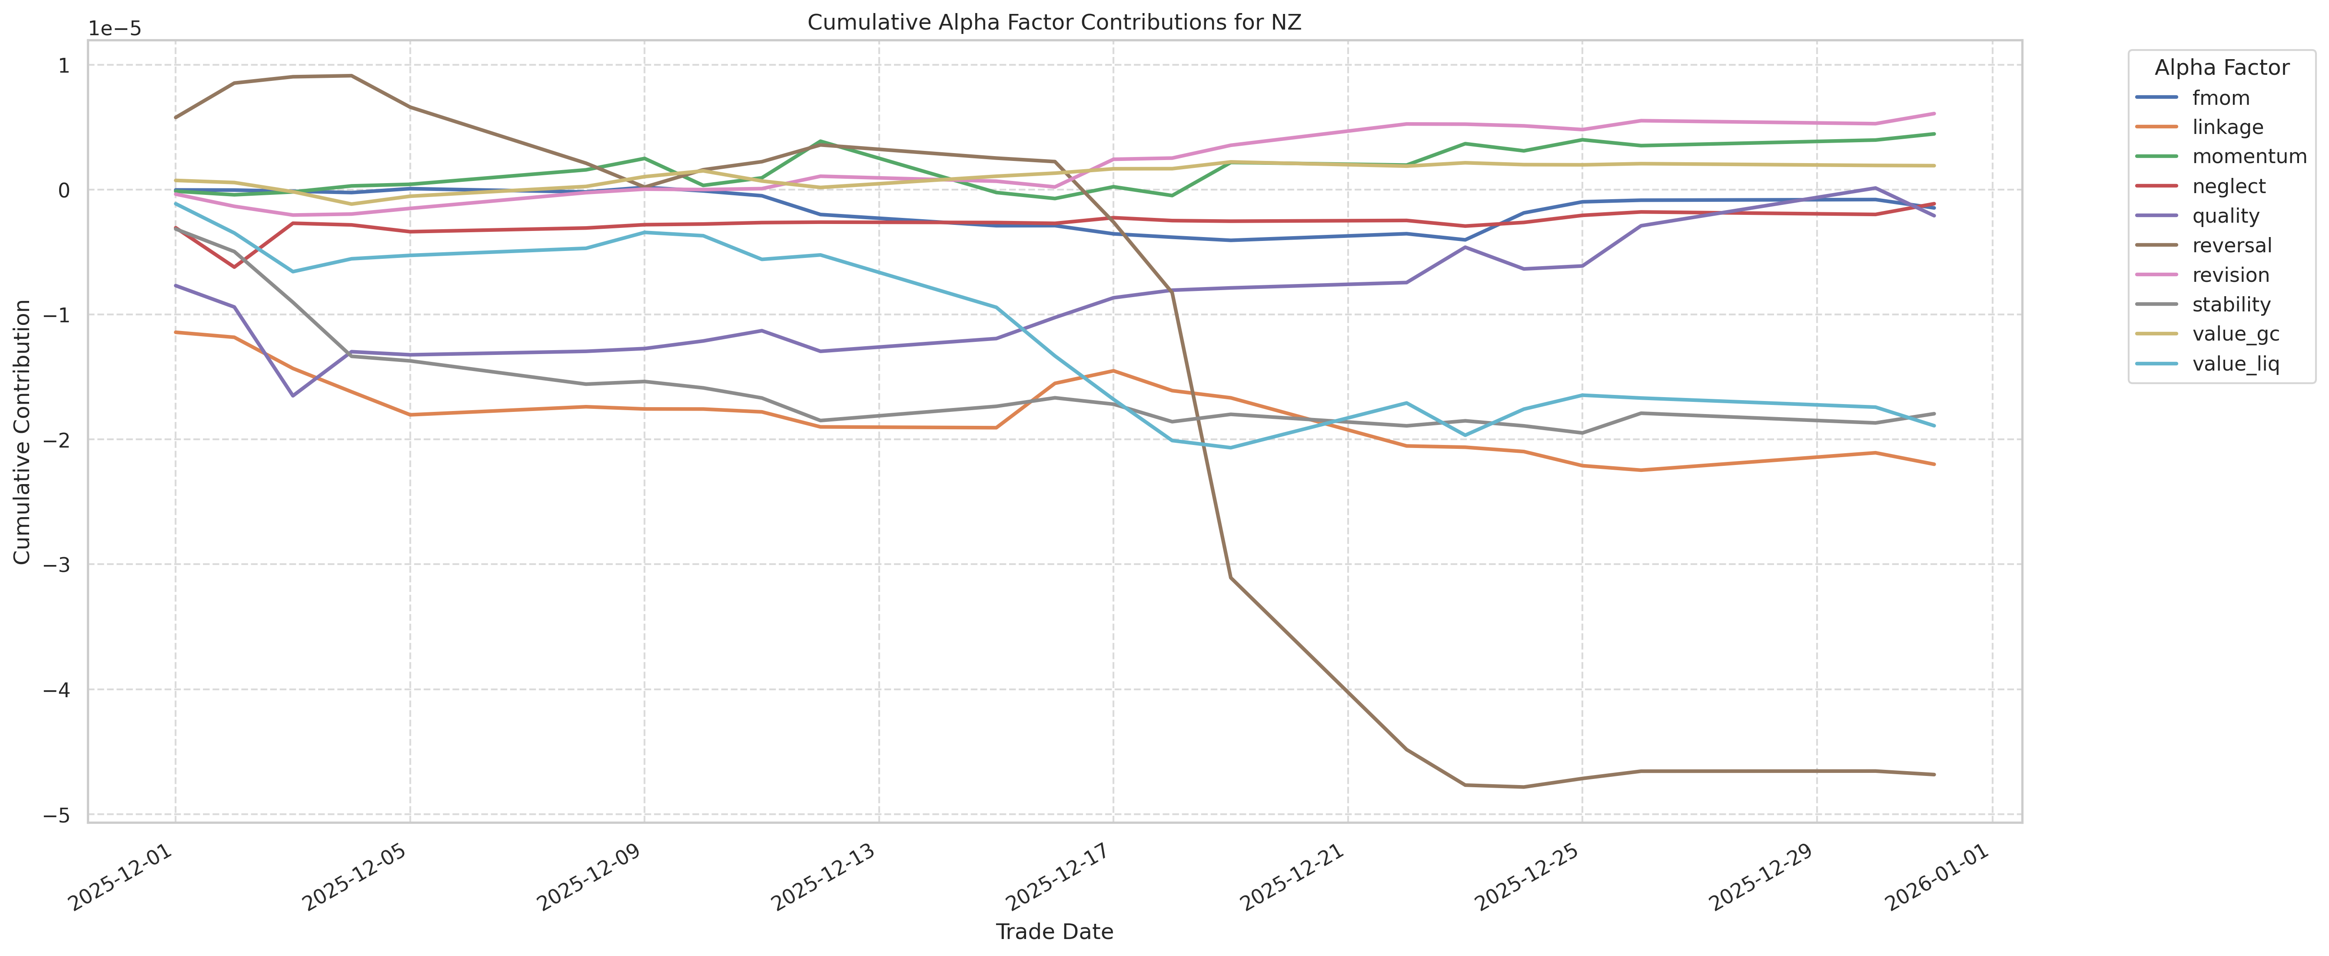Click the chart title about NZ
(1054, 23)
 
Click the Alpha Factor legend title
(2221, 68)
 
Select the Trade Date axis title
(1054, 932)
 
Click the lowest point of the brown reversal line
(1523, 787)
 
